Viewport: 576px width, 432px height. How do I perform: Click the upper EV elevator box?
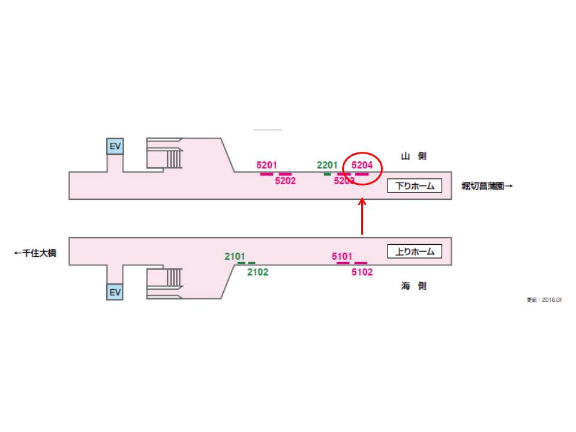115,146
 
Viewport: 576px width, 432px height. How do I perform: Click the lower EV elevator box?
115,292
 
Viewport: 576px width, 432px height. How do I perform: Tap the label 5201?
266,165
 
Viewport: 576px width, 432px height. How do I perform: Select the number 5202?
286,181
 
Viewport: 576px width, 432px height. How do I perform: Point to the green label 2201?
328,165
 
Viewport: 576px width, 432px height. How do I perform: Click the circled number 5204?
362,165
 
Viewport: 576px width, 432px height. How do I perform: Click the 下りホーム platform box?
415,186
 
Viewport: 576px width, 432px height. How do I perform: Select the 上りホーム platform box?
415,251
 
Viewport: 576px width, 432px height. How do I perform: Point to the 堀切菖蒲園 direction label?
487,186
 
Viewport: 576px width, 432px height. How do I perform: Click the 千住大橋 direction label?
35,254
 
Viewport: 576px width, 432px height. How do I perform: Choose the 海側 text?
413,286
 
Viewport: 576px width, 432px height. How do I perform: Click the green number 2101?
235,257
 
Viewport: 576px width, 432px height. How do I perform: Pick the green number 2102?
258,272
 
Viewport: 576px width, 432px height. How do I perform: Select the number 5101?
342,257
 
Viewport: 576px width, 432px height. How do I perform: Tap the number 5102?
362,272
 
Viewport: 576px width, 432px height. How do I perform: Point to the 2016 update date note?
544,300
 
